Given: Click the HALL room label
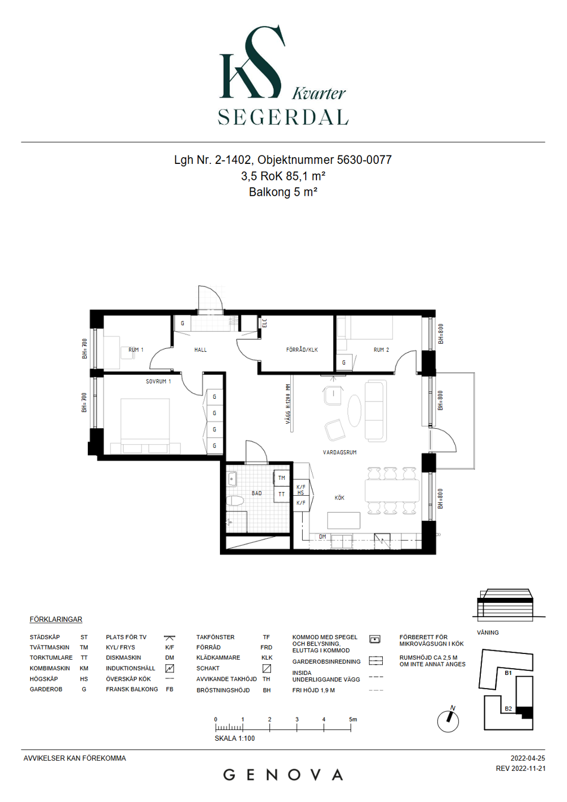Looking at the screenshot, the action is coord(201,350).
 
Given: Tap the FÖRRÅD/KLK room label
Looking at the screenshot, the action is coord(302,350).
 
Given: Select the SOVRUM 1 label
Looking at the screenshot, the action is coord(158,381).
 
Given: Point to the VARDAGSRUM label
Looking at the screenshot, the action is coord(339,452).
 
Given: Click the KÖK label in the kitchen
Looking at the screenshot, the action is coord(339,497).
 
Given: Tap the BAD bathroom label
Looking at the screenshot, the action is coord(257,493).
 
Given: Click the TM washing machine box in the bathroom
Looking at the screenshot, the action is coord(281,478).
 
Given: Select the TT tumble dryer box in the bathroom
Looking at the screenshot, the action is coord(281,494).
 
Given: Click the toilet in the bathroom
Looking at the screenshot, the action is coord(235,501).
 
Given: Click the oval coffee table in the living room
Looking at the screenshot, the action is coord(354,410).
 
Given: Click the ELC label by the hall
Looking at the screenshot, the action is coord(265,323).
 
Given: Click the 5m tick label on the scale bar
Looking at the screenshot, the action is coord(353,719).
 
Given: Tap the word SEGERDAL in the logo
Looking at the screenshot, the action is coord(283,117).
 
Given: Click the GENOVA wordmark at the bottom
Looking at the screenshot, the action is coord(283,775).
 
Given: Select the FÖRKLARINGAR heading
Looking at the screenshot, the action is coord(56,619).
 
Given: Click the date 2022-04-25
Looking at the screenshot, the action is coord(528,758).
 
